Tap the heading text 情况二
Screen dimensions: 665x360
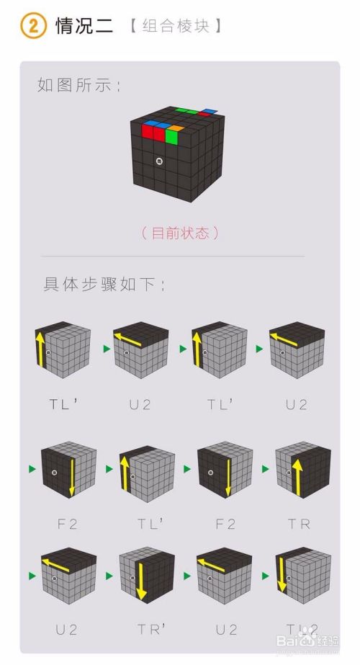pos(84,27)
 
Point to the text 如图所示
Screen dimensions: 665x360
pos(79,85)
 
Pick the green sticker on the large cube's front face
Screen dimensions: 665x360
pos(171,136)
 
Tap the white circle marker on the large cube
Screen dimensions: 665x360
pos(159,161)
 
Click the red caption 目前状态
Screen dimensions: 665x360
pos(179,233)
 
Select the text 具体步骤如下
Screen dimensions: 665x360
pos(105,284)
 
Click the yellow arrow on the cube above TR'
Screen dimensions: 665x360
pos(140,581)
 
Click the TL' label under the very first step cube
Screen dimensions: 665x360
pos(63,404)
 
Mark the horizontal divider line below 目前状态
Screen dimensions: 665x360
pos(173,256)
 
